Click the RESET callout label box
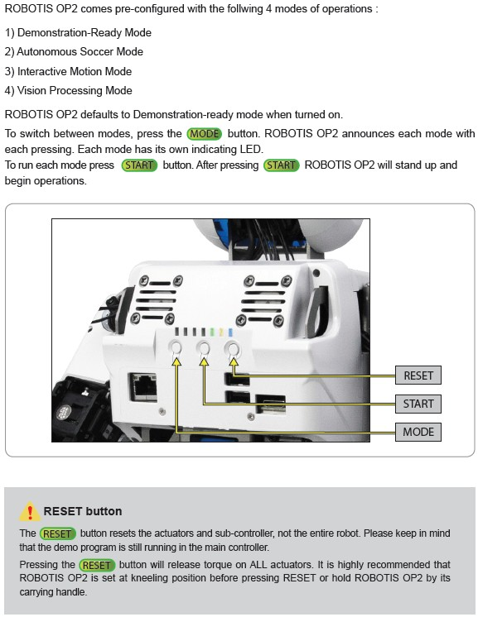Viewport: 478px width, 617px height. click(x=418, y=375)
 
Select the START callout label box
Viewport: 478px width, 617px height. click(x=418, y=404)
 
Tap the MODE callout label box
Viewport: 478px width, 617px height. click(x=418, y=432)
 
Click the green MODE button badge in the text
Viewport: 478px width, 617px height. click(x=204, y=134)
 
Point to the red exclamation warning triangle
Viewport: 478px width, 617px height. click(x=30, y=511)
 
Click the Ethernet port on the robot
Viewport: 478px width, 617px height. click(x=142, y=387)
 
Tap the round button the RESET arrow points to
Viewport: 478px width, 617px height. click(x=233, y=349)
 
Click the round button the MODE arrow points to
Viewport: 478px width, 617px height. click(x=176, y=348)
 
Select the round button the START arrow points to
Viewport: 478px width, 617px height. click(x=204, y=348)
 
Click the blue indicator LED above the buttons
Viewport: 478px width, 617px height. click(x=230, y=332)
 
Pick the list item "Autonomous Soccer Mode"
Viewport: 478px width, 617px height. click(x=74, y=51)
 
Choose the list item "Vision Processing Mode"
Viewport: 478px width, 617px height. click(x=68, y=90)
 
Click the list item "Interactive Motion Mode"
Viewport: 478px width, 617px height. click(x=68, y=71)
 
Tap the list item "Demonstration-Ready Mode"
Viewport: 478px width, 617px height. click(x=78, y=32)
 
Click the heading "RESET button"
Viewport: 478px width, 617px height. click(x=83, y=511)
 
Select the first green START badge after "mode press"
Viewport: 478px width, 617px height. click(x=139, y=165)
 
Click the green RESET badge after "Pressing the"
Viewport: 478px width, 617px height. click(x=97, y=565)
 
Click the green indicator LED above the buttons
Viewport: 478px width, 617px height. click(x=212, y=332)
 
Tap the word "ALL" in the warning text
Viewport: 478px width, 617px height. click(x=259, y=565)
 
